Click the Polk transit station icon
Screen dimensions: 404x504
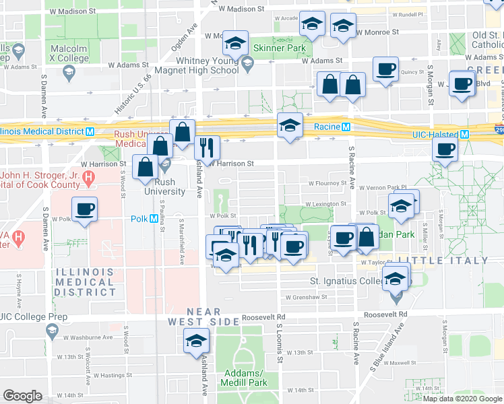coord(154,219)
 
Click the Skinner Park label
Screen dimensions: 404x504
coord(280,48)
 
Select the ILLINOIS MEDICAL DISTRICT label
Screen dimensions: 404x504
coord(84,281)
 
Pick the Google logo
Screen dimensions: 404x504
coord(22,395)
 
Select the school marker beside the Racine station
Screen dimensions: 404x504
coord(290,126)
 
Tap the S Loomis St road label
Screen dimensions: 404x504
coord(278,340)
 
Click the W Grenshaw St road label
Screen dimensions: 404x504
coord(306,296)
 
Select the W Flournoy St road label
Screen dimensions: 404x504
coord(327,183)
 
